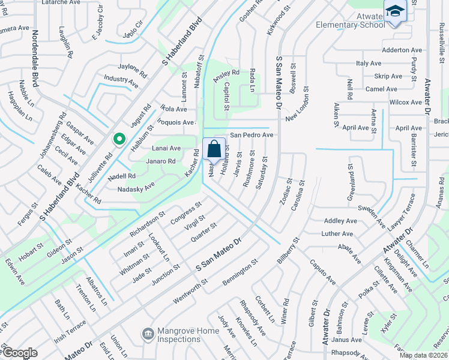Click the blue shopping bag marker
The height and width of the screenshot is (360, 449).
[214, 149]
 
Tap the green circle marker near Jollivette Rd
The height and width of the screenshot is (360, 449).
[119, 140]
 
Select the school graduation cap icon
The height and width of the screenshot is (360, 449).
[395, 12]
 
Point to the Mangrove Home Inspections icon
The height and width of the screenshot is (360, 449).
[147, 333]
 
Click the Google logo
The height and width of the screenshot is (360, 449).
[19, 353]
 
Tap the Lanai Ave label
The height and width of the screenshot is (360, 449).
[166, 148]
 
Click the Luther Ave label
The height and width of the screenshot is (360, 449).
[337, 233]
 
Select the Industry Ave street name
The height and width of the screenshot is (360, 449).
[121, 79]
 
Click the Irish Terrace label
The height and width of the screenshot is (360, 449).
[70, 330]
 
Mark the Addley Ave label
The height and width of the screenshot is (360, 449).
[340, 221]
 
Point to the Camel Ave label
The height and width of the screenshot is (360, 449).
[381, 89]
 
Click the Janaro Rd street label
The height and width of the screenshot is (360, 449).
[161, 161]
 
